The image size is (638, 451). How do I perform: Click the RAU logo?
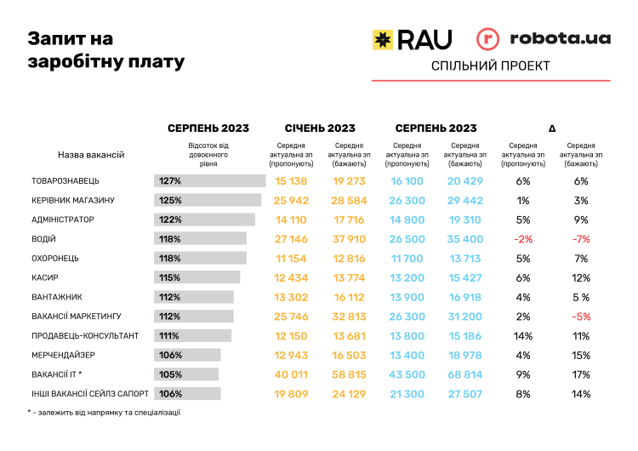(412, 38)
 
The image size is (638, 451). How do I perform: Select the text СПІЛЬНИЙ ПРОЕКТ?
(491, 66)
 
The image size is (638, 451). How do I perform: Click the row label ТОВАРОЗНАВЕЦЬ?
(66, 181)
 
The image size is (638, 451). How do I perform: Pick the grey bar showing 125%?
(208, 200)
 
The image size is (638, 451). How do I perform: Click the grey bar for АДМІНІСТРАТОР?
(204, 220)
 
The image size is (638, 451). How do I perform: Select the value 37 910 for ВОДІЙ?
(349, 239)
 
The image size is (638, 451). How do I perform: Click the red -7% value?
(581, 239)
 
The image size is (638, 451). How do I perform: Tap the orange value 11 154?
(291, 258)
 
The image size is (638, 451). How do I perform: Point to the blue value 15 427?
(465, 277)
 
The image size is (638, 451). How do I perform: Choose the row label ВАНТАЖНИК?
(56, 297)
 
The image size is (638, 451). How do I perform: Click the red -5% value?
(581, 316)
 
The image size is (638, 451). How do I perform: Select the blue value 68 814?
(465, 374)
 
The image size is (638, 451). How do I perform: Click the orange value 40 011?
(291, 374)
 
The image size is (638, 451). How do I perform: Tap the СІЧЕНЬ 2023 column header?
(320, 128)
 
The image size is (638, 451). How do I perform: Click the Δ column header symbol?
(552, 128)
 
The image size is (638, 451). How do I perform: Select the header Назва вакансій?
(91, 155)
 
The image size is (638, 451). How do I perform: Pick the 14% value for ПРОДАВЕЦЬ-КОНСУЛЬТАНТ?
(523, 335)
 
